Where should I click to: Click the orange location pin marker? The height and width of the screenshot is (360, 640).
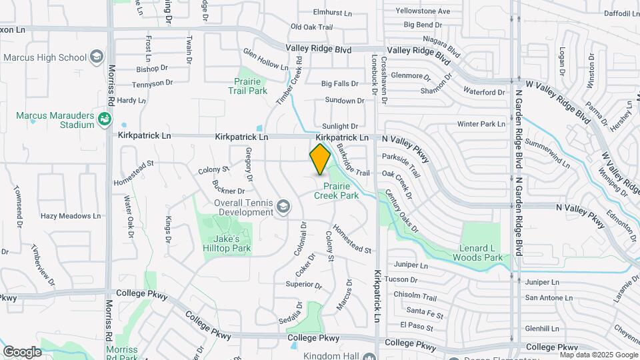[321, 159]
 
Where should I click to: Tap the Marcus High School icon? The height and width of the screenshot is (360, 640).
[97, 57]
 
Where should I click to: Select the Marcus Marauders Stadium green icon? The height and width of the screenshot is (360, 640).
[104, 120]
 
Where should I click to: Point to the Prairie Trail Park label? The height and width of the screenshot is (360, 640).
[247, 86]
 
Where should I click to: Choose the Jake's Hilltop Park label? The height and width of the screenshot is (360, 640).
[232, 243]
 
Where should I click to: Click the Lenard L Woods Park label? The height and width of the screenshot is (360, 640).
[477, 252]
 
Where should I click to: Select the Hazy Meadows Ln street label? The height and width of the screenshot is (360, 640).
[70, 216]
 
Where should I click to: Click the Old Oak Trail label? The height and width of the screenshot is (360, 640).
[311, 27]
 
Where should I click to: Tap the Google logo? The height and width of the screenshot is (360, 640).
[22, 351]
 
